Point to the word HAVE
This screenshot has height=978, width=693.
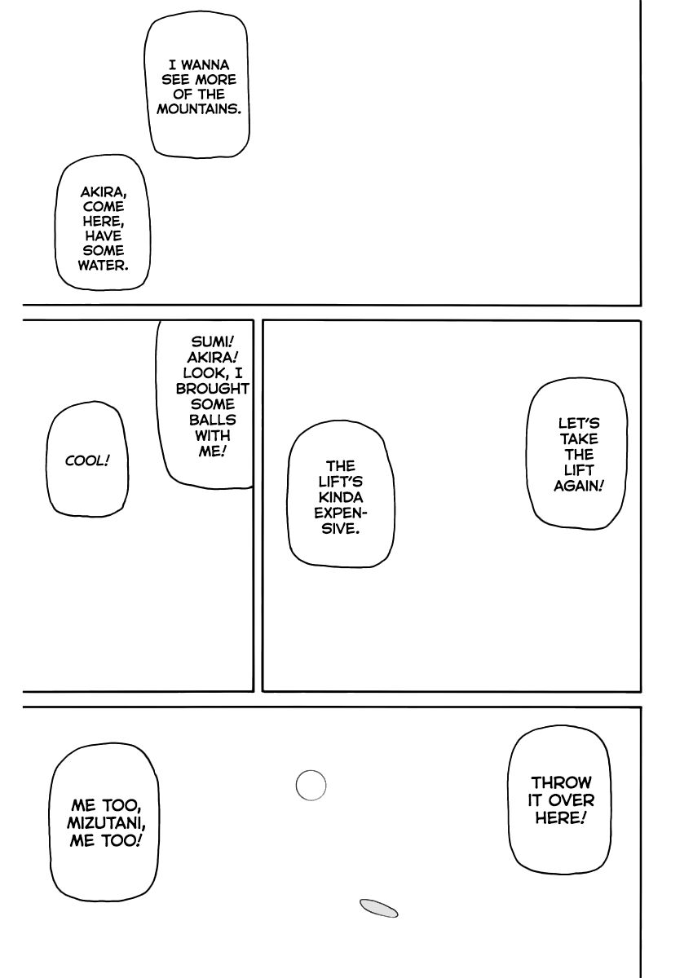pos(103,236)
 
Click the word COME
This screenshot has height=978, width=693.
pos(103,207)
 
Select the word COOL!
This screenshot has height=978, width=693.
pos(87,461)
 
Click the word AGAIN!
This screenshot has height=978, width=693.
pos(578,486)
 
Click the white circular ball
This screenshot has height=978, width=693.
pos(310,786)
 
